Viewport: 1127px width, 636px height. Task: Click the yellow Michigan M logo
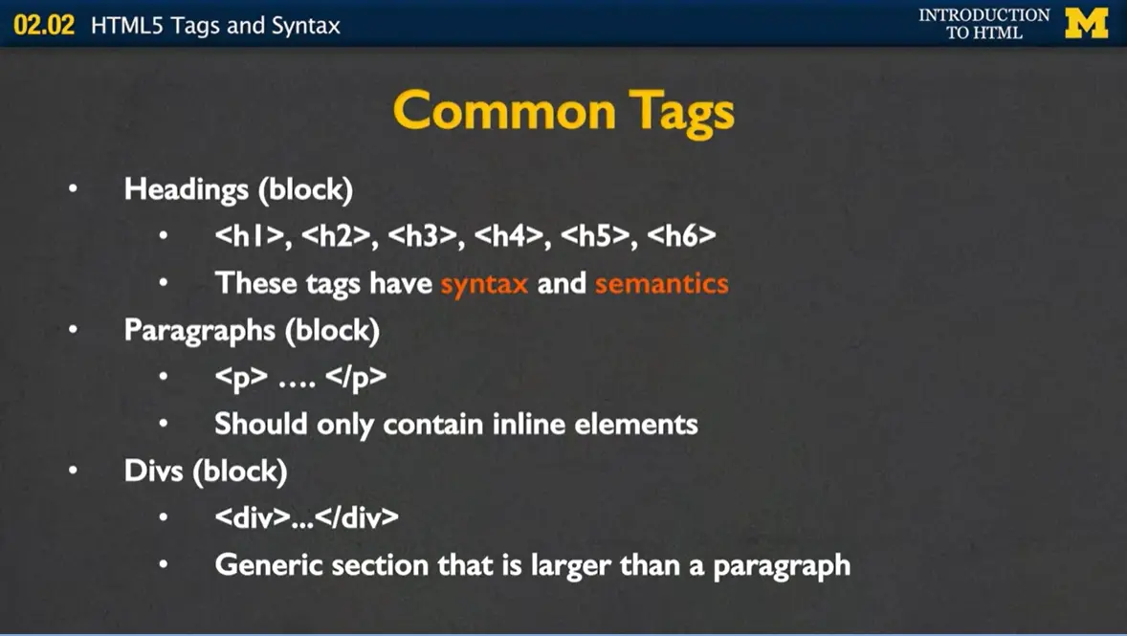[1086, 23]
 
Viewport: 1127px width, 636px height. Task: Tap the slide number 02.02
[44, 25]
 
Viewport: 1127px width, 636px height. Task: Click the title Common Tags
[563, 111]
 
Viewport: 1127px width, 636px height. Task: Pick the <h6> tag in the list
[681, 236]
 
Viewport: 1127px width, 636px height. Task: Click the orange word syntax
[484, 284]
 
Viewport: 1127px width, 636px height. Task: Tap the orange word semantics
[661, 284]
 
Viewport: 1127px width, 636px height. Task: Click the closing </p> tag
[356, 377]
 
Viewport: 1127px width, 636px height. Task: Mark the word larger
[525, 564]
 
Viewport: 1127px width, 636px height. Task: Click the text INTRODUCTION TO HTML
[983, 24]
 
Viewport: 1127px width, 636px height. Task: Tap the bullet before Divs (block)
[74, 472]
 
